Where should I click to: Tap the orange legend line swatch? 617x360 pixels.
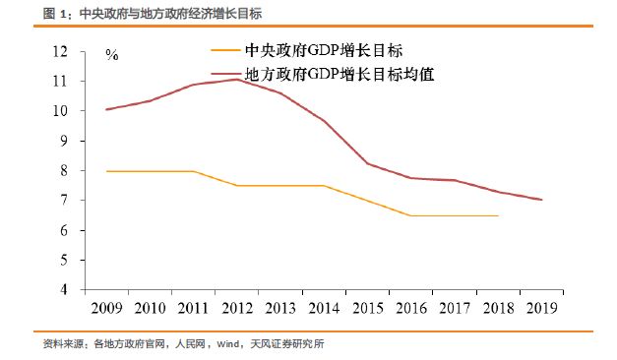[225, 50]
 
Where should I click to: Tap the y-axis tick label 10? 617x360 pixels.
[60, 111]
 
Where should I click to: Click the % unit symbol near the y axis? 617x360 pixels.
[111, 56]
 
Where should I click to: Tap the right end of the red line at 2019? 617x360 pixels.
[542, 200]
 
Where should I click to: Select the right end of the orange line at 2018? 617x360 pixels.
[499, 215]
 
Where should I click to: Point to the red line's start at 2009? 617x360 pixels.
[106, 109]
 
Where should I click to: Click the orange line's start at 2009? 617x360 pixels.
[106, 171]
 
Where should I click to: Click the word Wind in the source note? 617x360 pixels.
[229, 344]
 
